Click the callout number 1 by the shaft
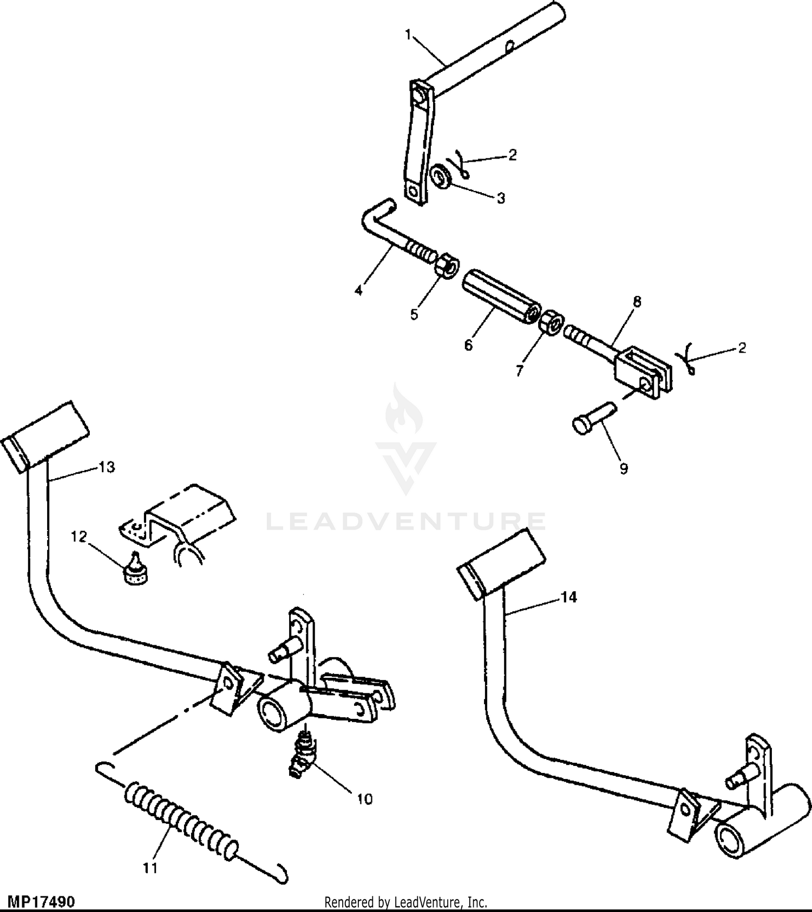(408, 35)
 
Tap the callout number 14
(569, 597)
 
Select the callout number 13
(107, 467)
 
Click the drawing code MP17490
(41, 902)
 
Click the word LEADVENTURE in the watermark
(406, 521)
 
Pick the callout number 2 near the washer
(513, 155)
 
